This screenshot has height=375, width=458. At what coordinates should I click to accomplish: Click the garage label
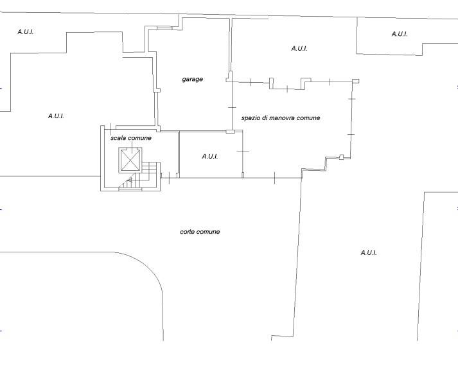(192, 79)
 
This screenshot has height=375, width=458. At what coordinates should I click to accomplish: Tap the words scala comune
(131, 138)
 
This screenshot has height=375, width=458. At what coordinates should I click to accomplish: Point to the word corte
(187, 232)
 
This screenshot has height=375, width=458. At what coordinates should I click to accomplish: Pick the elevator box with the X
(130, 160)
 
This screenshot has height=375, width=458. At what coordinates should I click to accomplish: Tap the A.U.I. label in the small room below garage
(209, 157)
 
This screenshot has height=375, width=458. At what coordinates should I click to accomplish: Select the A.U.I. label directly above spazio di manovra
(299, 49)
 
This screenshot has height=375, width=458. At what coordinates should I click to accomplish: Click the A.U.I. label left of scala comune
(56, 116)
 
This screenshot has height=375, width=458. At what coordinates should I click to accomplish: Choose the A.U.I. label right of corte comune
(369, 252)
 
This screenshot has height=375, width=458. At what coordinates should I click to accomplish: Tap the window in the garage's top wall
(164, 28)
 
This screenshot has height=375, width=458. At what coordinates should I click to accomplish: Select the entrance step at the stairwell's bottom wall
(130, 189)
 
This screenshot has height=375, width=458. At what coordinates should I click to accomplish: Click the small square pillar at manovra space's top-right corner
(356, 81)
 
